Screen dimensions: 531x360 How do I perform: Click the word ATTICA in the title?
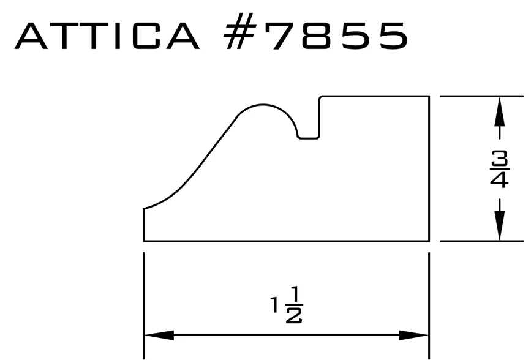(x=107, y=36)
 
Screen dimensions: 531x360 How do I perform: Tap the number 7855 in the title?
(x=336, y=36)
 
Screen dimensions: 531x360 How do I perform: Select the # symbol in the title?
(x=239, y=32)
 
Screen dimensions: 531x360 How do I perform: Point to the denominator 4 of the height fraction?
(x=500, y=179)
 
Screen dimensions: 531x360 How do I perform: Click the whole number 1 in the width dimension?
(x=274, y=304)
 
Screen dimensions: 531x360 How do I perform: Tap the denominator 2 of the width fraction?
(x=293, y=315)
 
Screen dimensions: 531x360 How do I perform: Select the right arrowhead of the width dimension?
(x=414, y=336)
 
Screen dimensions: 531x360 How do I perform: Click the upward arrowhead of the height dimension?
(x=500, y=112)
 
